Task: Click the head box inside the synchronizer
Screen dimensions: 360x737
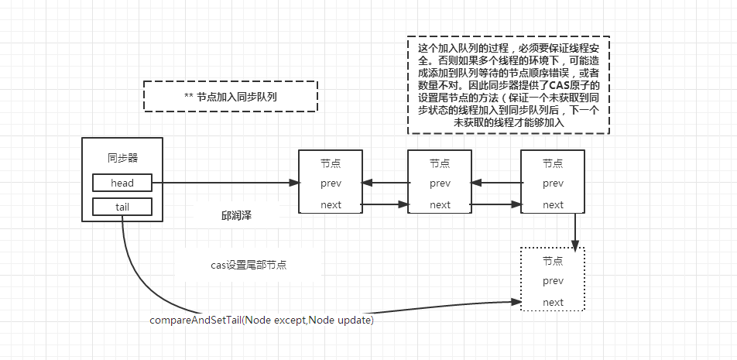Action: coord(122,183)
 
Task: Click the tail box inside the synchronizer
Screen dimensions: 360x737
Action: coord(122,206)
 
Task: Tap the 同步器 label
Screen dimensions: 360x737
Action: coord(122,158)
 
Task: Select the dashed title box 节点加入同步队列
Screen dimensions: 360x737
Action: coord(231,96)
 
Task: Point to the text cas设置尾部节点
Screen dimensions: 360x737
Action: coord(249,265)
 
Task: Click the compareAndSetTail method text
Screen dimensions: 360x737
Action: coord(261,320)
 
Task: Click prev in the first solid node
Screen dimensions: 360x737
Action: coord(331,183)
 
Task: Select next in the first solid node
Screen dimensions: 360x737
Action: coord(331,205)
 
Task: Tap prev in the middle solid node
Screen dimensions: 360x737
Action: coord(440,183)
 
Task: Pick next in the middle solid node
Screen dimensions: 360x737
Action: coord(440,205)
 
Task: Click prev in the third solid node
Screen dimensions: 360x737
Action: coord(553,183)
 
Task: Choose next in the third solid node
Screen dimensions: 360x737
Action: coord(553,205)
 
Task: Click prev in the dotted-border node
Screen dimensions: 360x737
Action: coord(553,281)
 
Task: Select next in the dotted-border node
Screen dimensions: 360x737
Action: coord(553,303)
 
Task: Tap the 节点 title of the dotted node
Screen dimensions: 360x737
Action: coord(553,261)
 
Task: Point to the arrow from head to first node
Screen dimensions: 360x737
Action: coord(225,183)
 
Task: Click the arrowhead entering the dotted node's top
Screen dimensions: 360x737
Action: coord(575,243)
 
